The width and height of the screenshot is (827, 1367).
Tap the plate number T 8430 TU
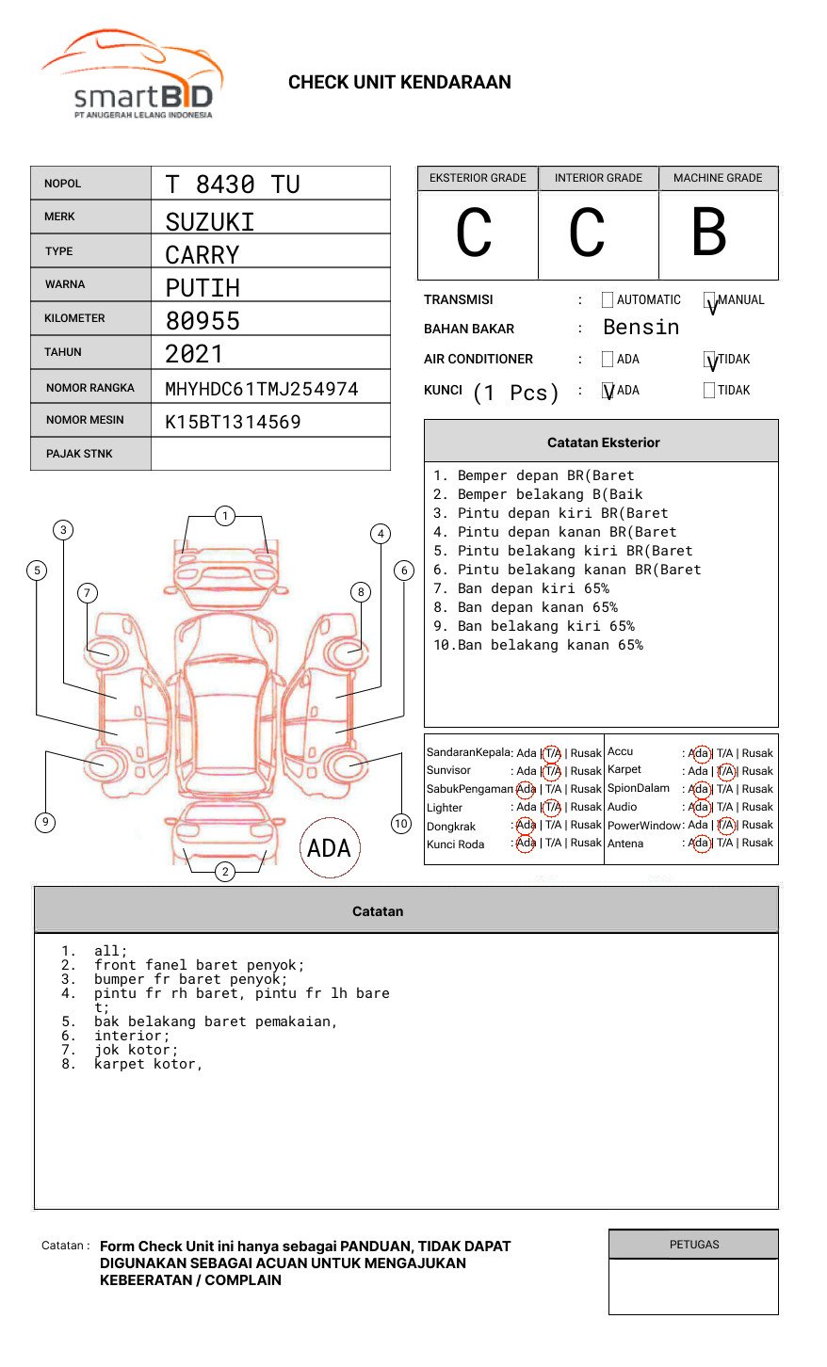[233, 185]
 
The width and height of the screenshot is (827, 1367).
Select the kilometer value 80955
[203, 321]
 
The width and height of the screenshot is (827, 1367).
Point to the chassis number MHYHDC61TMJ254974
[262, 389]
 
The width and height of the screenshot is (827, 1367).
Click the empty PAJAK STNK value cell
[270, 454]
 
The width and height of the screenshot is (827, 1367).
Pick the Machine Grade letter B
[709, 232]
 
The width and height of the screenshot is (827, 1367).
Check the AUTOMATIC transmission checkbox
[608, 299]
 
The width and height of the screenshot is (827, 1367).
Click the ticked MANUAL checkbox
[709, 299]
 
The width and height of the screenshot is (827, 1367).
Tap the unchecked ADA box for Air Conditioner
[608, 359]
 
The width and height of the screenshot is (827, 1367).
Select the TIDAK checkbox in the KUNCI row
[709, 390]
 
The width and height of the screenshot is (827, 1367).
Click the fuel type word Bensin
[641, 328]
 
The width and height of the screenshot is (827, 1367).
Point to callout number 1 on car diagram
[225, 516]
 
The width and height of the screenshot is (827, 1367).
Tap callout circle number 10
[400, 824]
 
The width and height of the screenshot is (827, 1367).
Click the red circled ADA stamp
[330, 847]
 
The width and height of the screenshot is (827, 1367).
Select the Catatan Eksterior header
[602, 442]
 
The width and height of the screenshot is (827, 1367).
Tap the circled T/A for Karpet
[725, 771]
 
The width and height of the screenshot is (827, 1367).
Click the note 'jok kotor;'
[137, 1051]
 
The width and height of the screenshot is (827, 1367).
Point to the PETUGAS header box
[694, 1245]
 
